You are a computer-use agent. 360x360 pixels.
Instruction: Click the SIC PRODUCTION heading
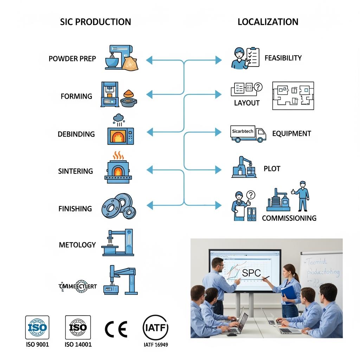point(96,22)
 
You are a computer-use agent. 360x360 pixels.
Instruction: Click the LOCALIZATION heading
point(268,22)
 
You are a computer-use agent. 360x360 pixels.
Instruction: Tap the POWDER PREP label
point(72,59)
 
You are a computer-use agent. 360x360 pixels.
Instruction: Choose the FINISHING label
point(75,208)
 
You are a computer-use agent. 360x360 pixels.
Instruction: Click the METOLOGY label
point(77,245)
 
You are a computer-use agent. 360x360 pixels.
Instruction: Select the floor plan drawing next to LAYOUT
point(293,96)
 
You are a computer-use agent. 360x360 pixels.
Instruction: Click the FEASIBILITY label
point(283,58)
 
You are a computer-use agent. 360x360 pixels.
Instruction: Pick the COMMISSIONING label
point(289,218)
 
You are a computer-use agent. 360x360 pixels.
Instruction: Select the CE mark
point(116,329)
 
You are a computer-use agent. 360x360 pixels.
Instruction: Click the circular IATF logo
point(155,328)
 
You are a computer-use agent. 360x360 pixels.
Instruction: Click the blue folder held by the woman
point(288,294)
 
